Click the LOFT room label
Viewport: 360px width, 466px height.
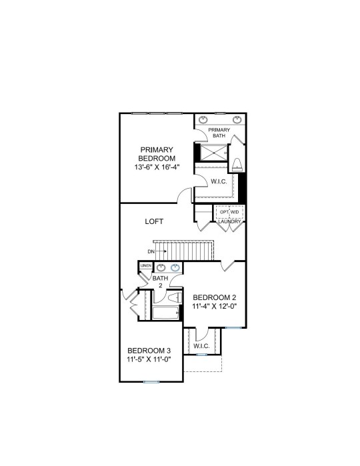(x=154, y=221)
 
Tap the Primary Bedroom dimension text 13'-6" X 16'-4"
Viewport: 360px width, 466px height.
(x=157, y=167)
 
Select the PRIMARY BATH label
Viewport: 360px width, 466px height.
(x=219, y=133)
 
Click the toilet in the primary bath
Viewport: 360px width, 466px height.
(x=237, y=165)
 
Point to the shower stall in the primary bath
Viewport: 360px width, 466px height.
(x=213, y=153)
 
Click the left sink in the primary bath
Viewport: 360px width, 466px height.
(x=203, y=120)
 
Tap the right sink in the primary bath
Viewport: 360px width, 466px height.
(x=237, y=120)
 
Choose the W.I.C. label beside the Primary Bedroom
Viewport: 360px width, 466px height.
(x=219, y=181)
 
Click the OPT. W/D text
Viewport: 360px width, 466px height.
(x=229, y=212)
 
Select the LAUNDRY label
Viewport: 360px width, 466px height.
(x=229, y=222)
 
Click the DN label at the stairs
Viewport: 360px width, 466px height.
(x=151, y=251)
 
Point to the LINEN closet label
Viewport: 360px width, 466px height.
(x=146, y=265)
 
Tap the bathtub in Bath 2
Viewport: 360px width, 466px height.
(x=165, y=313)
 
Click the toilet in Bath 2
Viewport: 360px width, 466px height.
(x=175, y=298)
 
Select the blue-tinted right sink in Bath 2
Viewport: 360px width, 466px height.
(x=175, y=268)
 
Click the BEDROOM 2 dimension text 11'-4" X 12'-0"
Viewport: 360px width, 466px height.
(x=215, y=306)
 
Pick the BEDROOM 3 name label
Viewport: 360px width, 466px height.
(x=149, y=351)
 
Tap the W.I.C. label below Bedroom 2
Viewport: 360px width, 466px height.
(x=201, y=346)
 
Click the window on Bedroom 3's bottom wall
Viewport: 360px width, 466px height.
(x=151, y=382)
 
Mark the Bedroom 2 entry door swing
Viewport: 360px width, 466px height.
(x=228, y=266)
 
